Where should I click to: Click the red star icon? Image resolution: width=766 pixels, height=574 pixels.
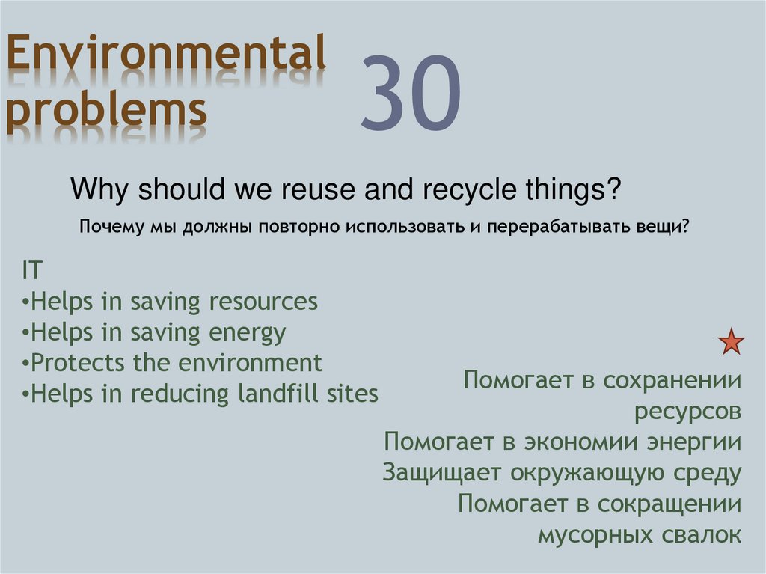731,342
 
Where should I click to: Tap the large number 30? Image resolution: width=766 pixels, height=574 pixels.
410,91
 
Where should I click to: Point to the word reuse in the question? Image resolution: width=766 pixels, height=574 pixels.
319,190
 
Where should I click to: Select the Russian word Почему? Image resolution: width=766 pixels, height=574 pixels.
108,227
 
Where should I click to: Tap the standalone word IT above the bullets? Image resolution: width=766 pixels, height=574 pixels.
32,271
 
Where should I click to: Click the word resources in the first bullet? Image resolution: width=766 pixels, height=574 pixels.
263,302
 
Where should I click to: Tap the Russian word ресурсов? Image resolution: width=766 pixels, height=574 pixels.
687,412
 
